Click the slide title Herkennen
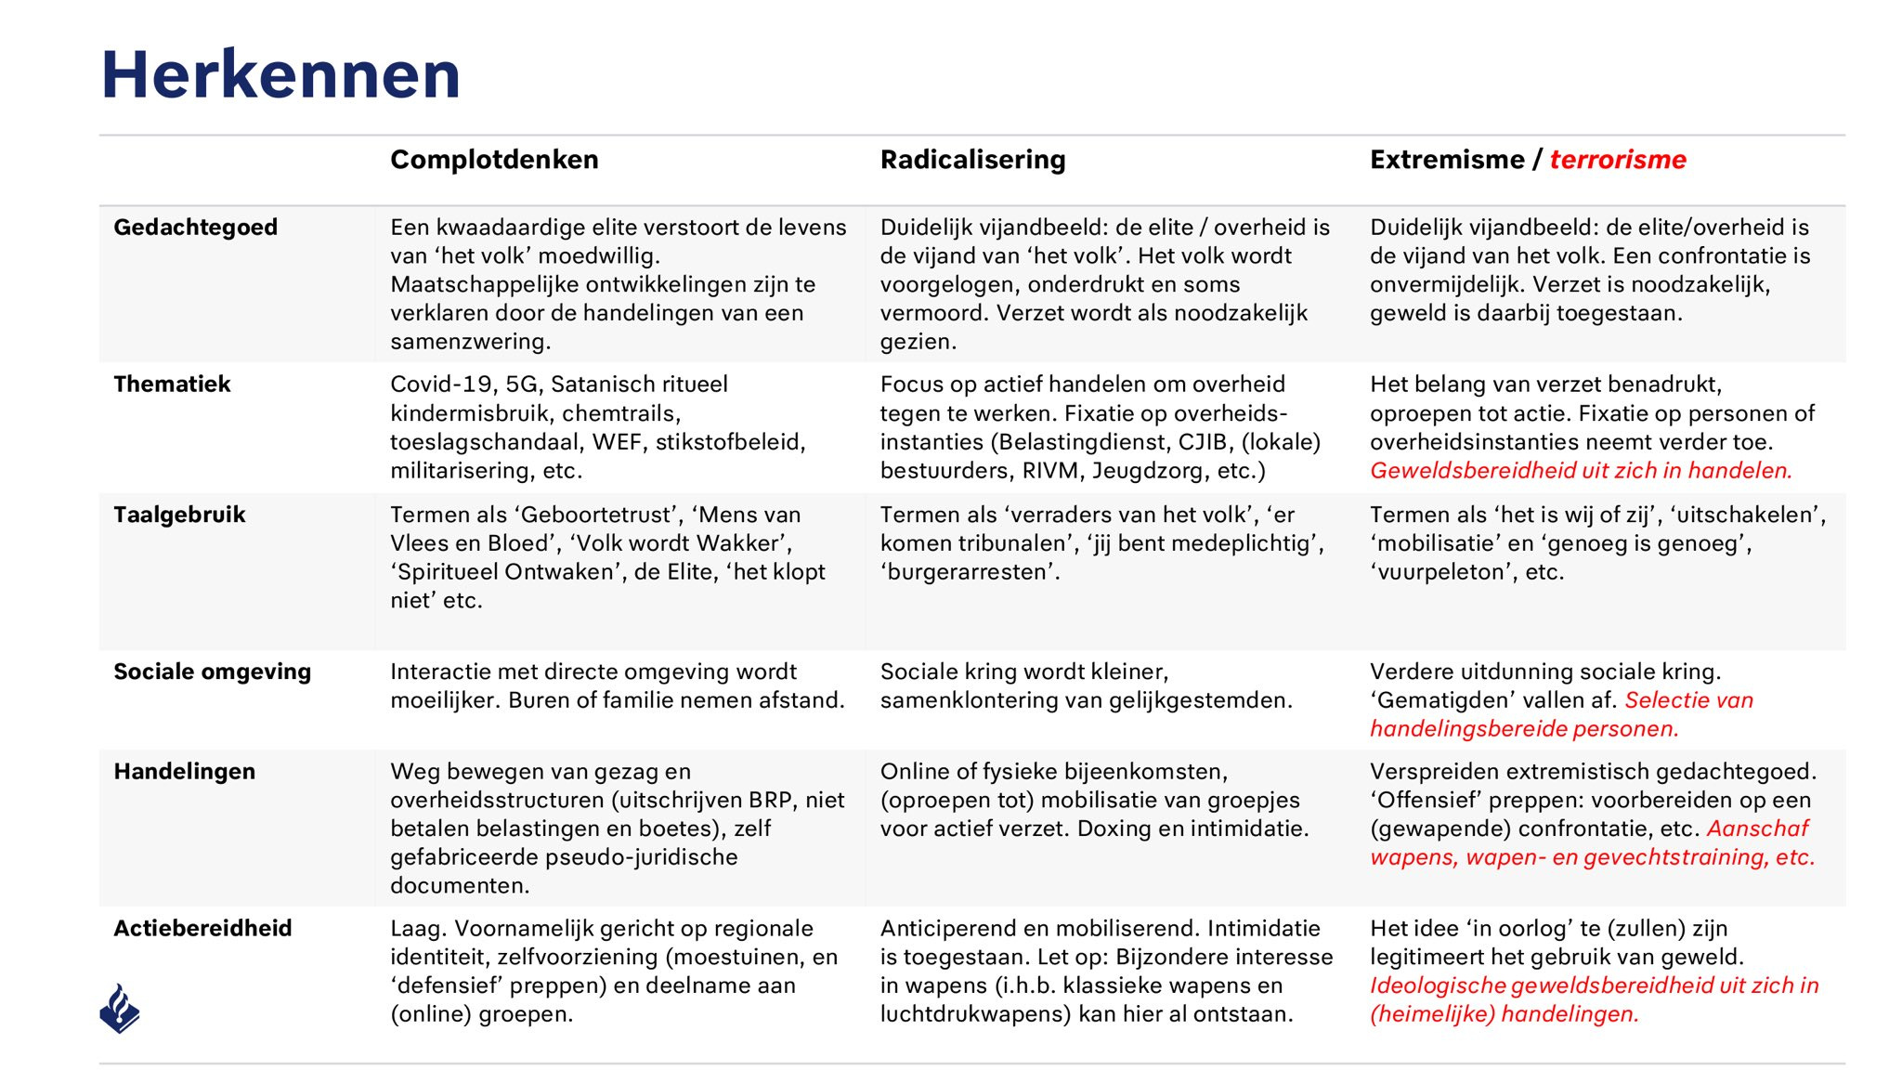[x=280, y=74]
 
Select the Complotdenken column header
[x=494, y=160]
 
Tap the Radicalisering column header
[x=972, y=160]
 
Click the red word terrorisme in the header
[x=1617, y=160]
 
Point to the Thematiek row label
[x=172, y=385]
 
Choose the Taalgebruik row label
[x=179, y=515]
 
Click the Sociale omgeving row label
[x=212, y=672]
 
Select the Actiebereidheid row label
[x=202, y=929]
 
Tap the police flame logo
[x=120, y=1009]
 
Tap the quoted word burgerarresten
[x=970, y=572]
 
